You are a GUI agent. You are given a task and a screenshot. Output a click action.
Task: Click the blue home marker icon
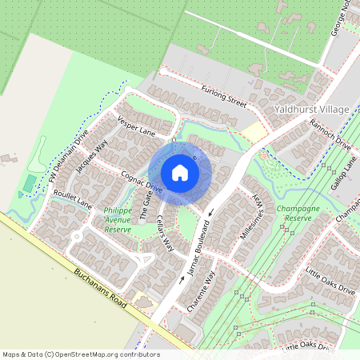(180, 173)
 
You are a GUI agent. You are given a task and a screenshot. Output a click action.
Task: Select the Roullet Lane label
(72, 199)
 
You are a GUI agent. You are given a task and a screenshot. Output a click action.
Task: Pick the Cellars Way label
(166, 234)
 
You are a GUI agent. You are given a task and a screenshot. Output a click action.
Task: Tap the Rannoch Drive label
(330, 138)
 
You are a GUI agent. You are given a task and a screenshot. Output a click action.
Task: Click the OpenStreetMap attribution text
(81, 354)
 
